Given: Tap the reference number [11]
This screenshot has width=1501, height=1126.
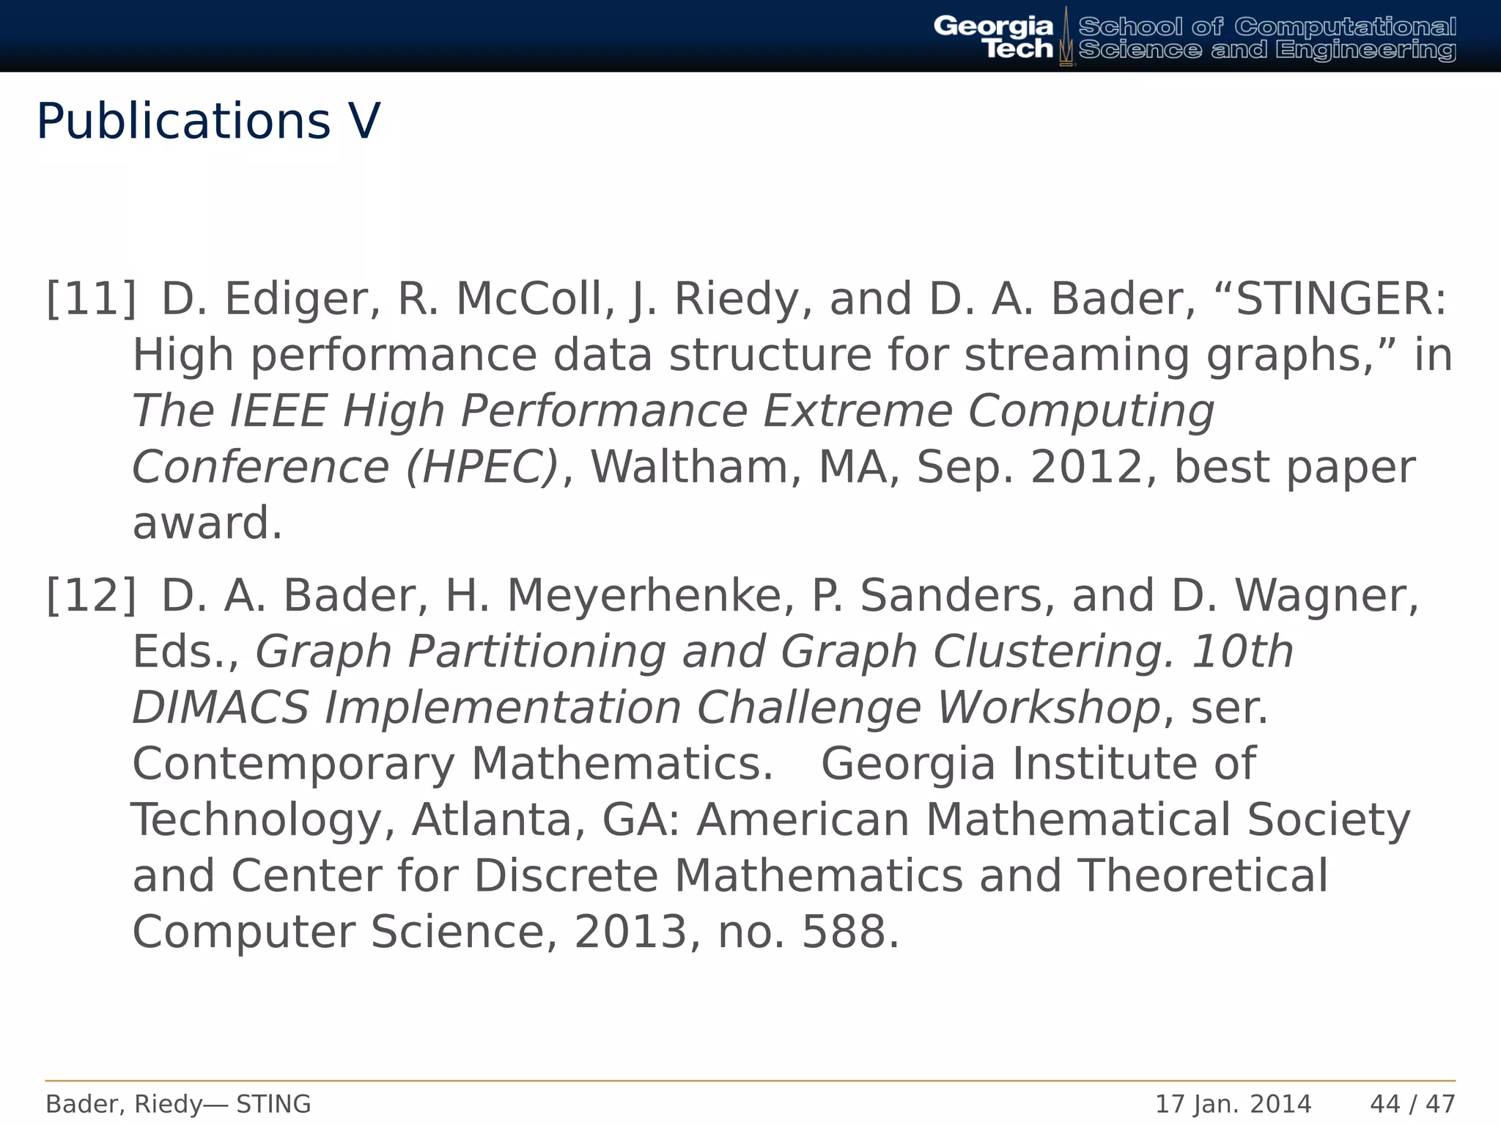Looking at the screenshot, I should pyautogui.click(x=92, y=299).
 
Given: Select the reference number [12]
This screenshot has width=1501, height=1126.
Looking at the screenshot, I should pyautogui.click(x=92, y=595).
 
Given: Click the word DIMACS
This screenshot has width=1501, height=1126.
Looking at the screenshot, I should pyautogui.click(x=220, y=708).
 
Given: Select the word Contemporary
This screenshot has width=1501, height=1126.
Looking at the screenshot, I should pyautogui.click(x=293, y=764).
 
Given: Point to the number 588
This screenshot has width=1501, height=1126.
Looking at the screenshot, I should pyautogui.click(x=849, y=932).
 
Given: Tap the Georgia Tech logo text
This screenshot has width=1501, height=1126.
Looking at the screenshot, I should pyautogui.click(x=993, y=37).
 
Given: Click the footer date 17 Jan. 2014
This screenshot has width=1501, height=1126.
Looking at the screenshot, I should pyautogui.click(x=1233, y=1104).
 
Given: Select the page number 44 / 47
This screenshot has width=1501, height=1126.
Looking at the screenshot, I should pyautogui.click(x=1412, y=1104).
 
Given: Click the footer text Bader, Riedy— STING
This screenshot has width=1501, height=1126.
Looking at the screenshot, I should pyautogui.click(x=178, y=1104).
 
